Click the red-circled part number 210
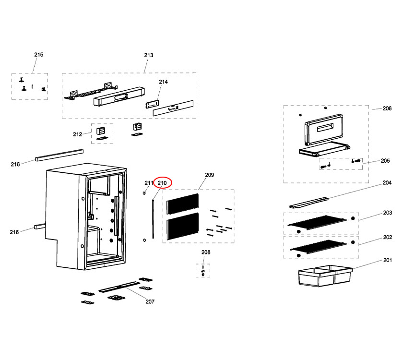tap(162, 183)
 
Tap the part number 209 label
tap(209, 175)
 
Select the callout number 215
tap(38, 55)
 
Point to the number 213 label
tap(149, 55)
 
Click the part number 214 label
tap(163, 82)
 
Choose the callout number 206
tap(387, 109)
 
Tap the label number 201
tap(387, 261)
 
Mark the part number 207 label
tap(150, 302)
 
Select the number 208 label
tap(205, 252)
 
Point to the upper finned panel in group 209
tap(182, 203)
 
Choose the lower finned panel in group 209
tap(182, 227)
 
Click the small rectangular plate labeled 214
tap(153, 105)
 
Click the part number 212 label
tap(77, 134)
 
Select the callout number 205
tap(385, 161)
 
